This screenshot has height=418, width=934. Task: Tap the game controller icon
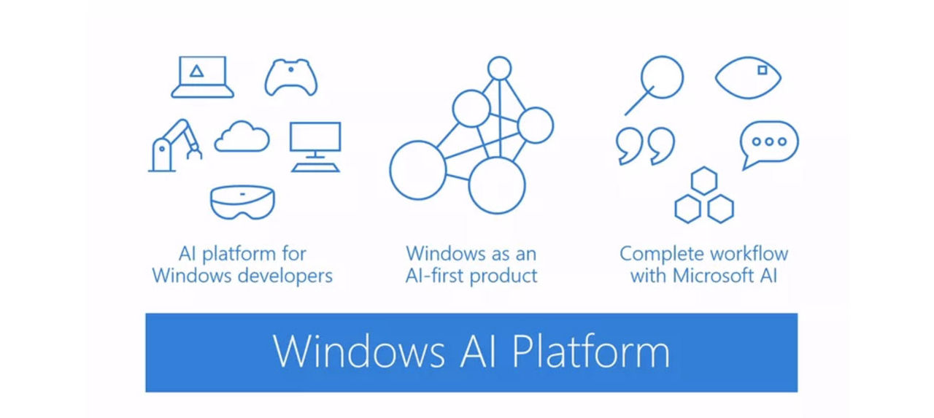(290, 77)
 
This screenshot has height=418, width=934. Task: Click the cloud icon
(242, 137)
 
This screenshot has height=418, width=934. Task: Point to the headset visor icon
(242, 202)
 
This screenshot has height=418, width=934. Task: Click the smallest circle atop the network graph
(500, 69)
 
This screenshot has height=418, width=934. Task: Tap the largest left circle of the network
(417, 170)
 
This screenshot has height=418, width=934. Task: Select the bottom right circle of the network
(497, 185)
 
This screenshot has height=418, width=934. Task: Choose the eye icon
(748, 77)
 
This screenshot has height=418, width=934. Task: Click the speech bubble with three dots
(768, 144)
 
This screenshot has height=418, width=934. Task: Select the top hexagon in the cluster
(704, 182)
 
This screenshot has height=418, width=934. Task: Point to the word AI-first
(441, 276)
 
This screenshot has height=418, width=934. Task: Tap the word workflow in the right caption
(746, 254)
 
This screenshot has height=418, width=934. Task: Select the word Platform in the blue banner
(590, 352)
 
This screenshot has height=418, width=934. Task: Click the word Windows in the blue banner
(358, 352)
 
